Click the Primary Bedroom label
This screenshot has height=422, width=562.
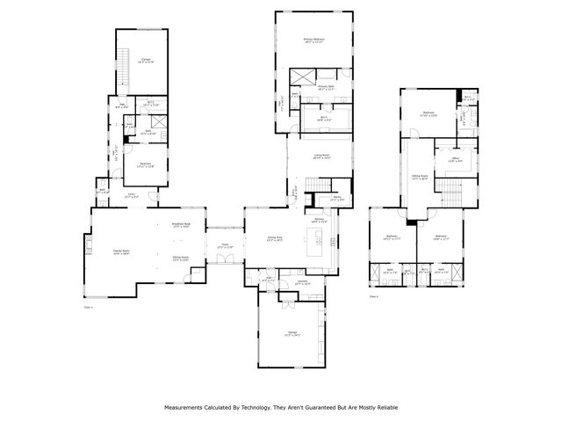[315, 40]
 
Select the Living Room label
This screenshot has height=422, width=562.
[322, 156]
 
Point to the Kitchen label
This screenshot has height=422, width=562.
[320, 221]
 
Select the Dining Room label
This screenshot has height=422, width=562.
[275, 238]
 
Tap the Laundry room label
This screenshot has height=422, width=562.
[302, 283]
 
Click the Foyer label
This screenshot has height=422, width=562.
[225, 246]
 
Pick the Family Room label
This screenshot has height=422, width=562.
[121, 252]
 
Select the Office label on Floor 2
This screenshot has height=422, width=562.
[457, 158]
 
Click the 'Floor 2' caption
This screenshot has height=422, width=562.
[374, 297]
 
